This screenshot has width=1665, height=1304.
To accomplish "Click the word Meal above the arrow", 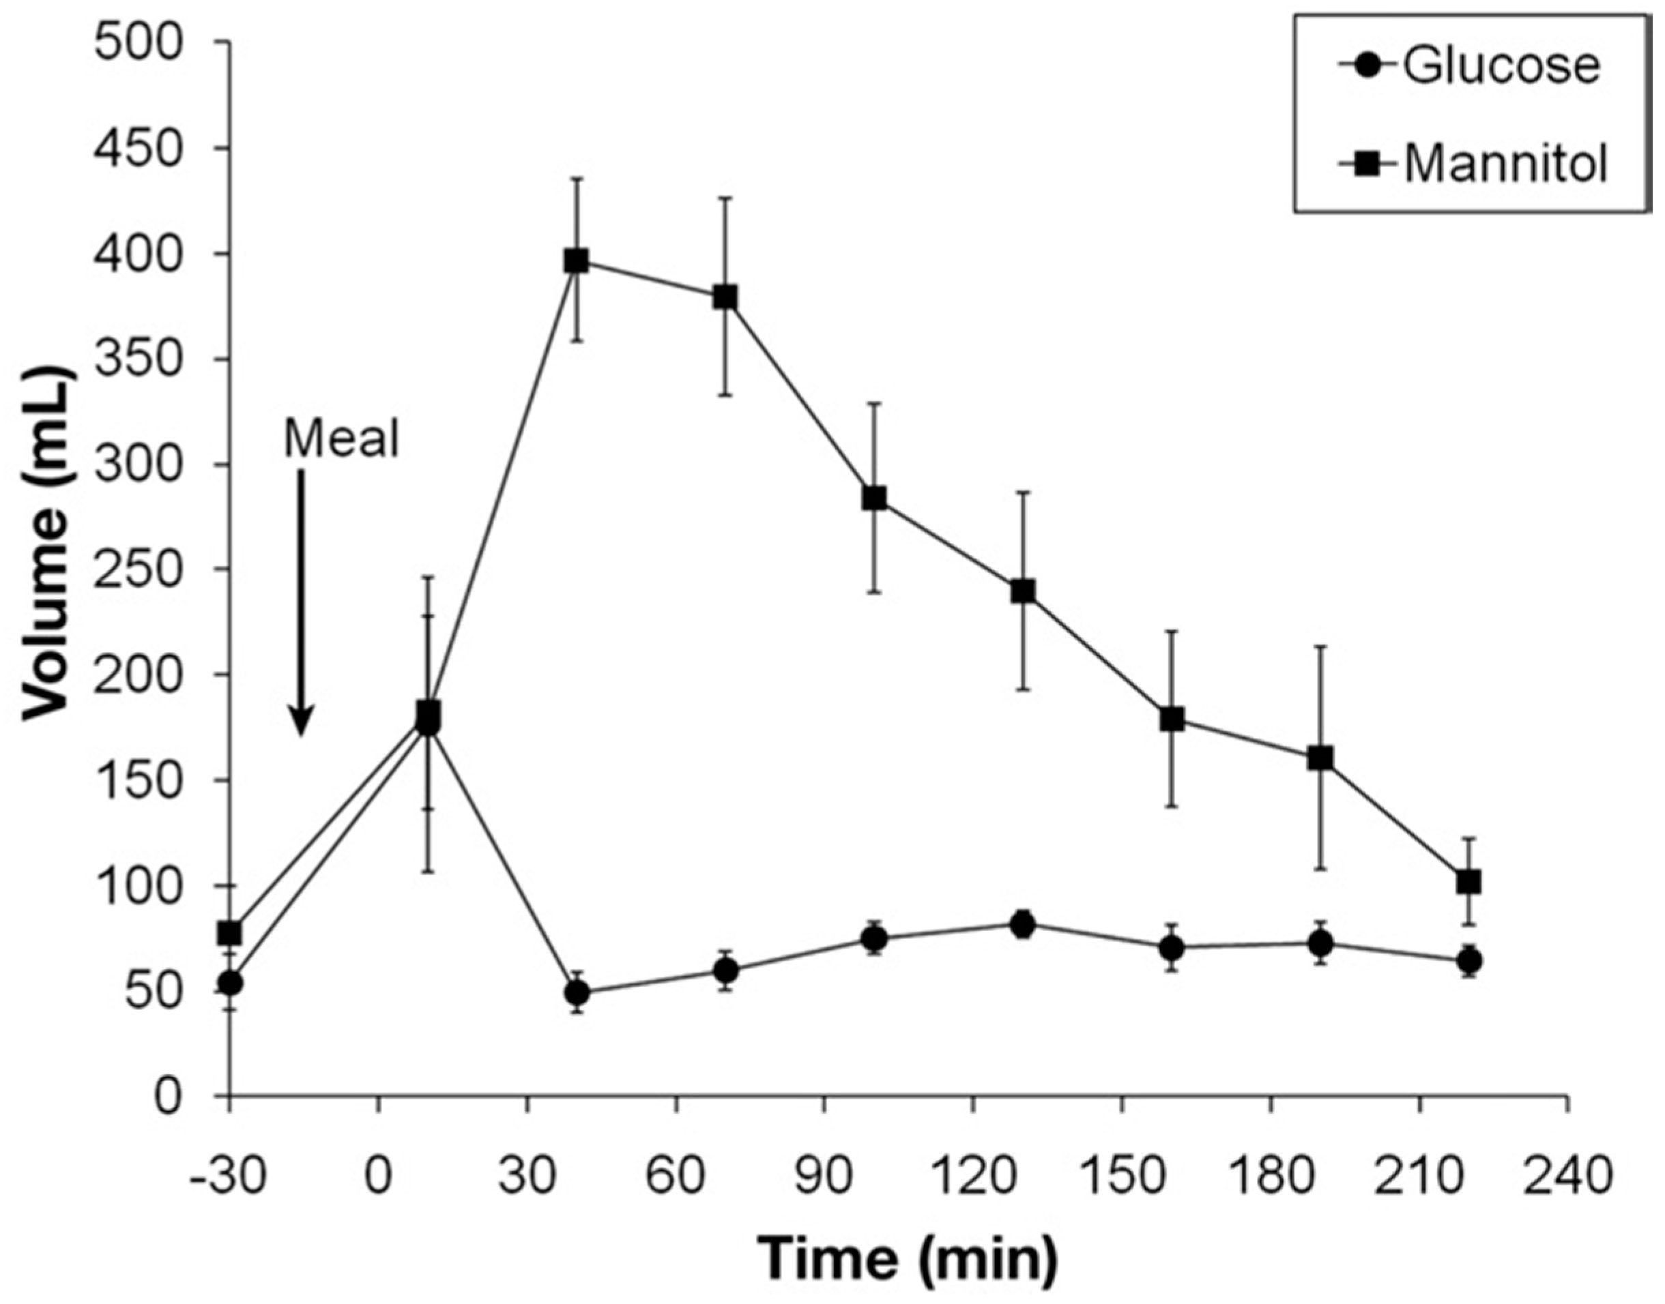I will pos(341,440).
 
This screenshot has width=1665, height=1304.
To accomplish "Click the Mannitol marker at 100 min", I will pos(875,499).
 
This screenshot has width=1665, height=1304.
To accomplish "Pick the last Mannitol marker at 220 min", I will pos(1468,882).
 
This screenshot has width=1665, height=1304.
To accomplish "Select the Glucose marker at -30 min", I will pos(230,983).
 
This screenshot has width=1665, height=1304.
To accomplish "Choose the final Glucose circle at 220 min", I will pos(1468,960).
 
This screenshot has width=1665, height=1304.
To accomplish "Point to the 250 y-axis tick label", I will pos(149,569).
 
